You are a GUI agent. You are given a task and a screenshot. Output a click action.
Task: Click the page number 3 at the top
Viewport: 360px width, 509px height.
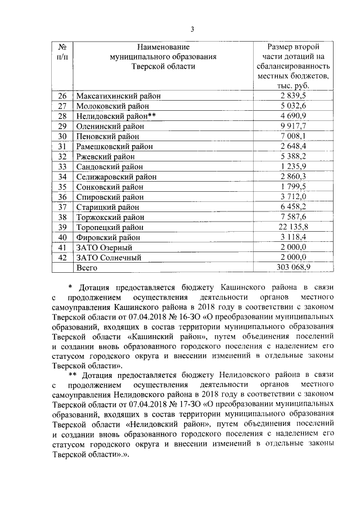[192, 29]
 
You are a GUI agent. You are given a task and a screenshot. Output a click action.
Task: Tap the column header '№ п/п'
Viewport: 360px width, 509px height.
[62, 51]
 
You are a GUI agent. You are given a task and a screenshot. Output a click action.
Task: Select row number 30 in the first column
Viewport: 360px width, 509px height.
[62, 136]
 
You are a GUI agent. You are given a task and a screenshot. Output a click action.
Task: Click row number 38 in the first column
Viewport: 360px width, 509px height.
[62, 217]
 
